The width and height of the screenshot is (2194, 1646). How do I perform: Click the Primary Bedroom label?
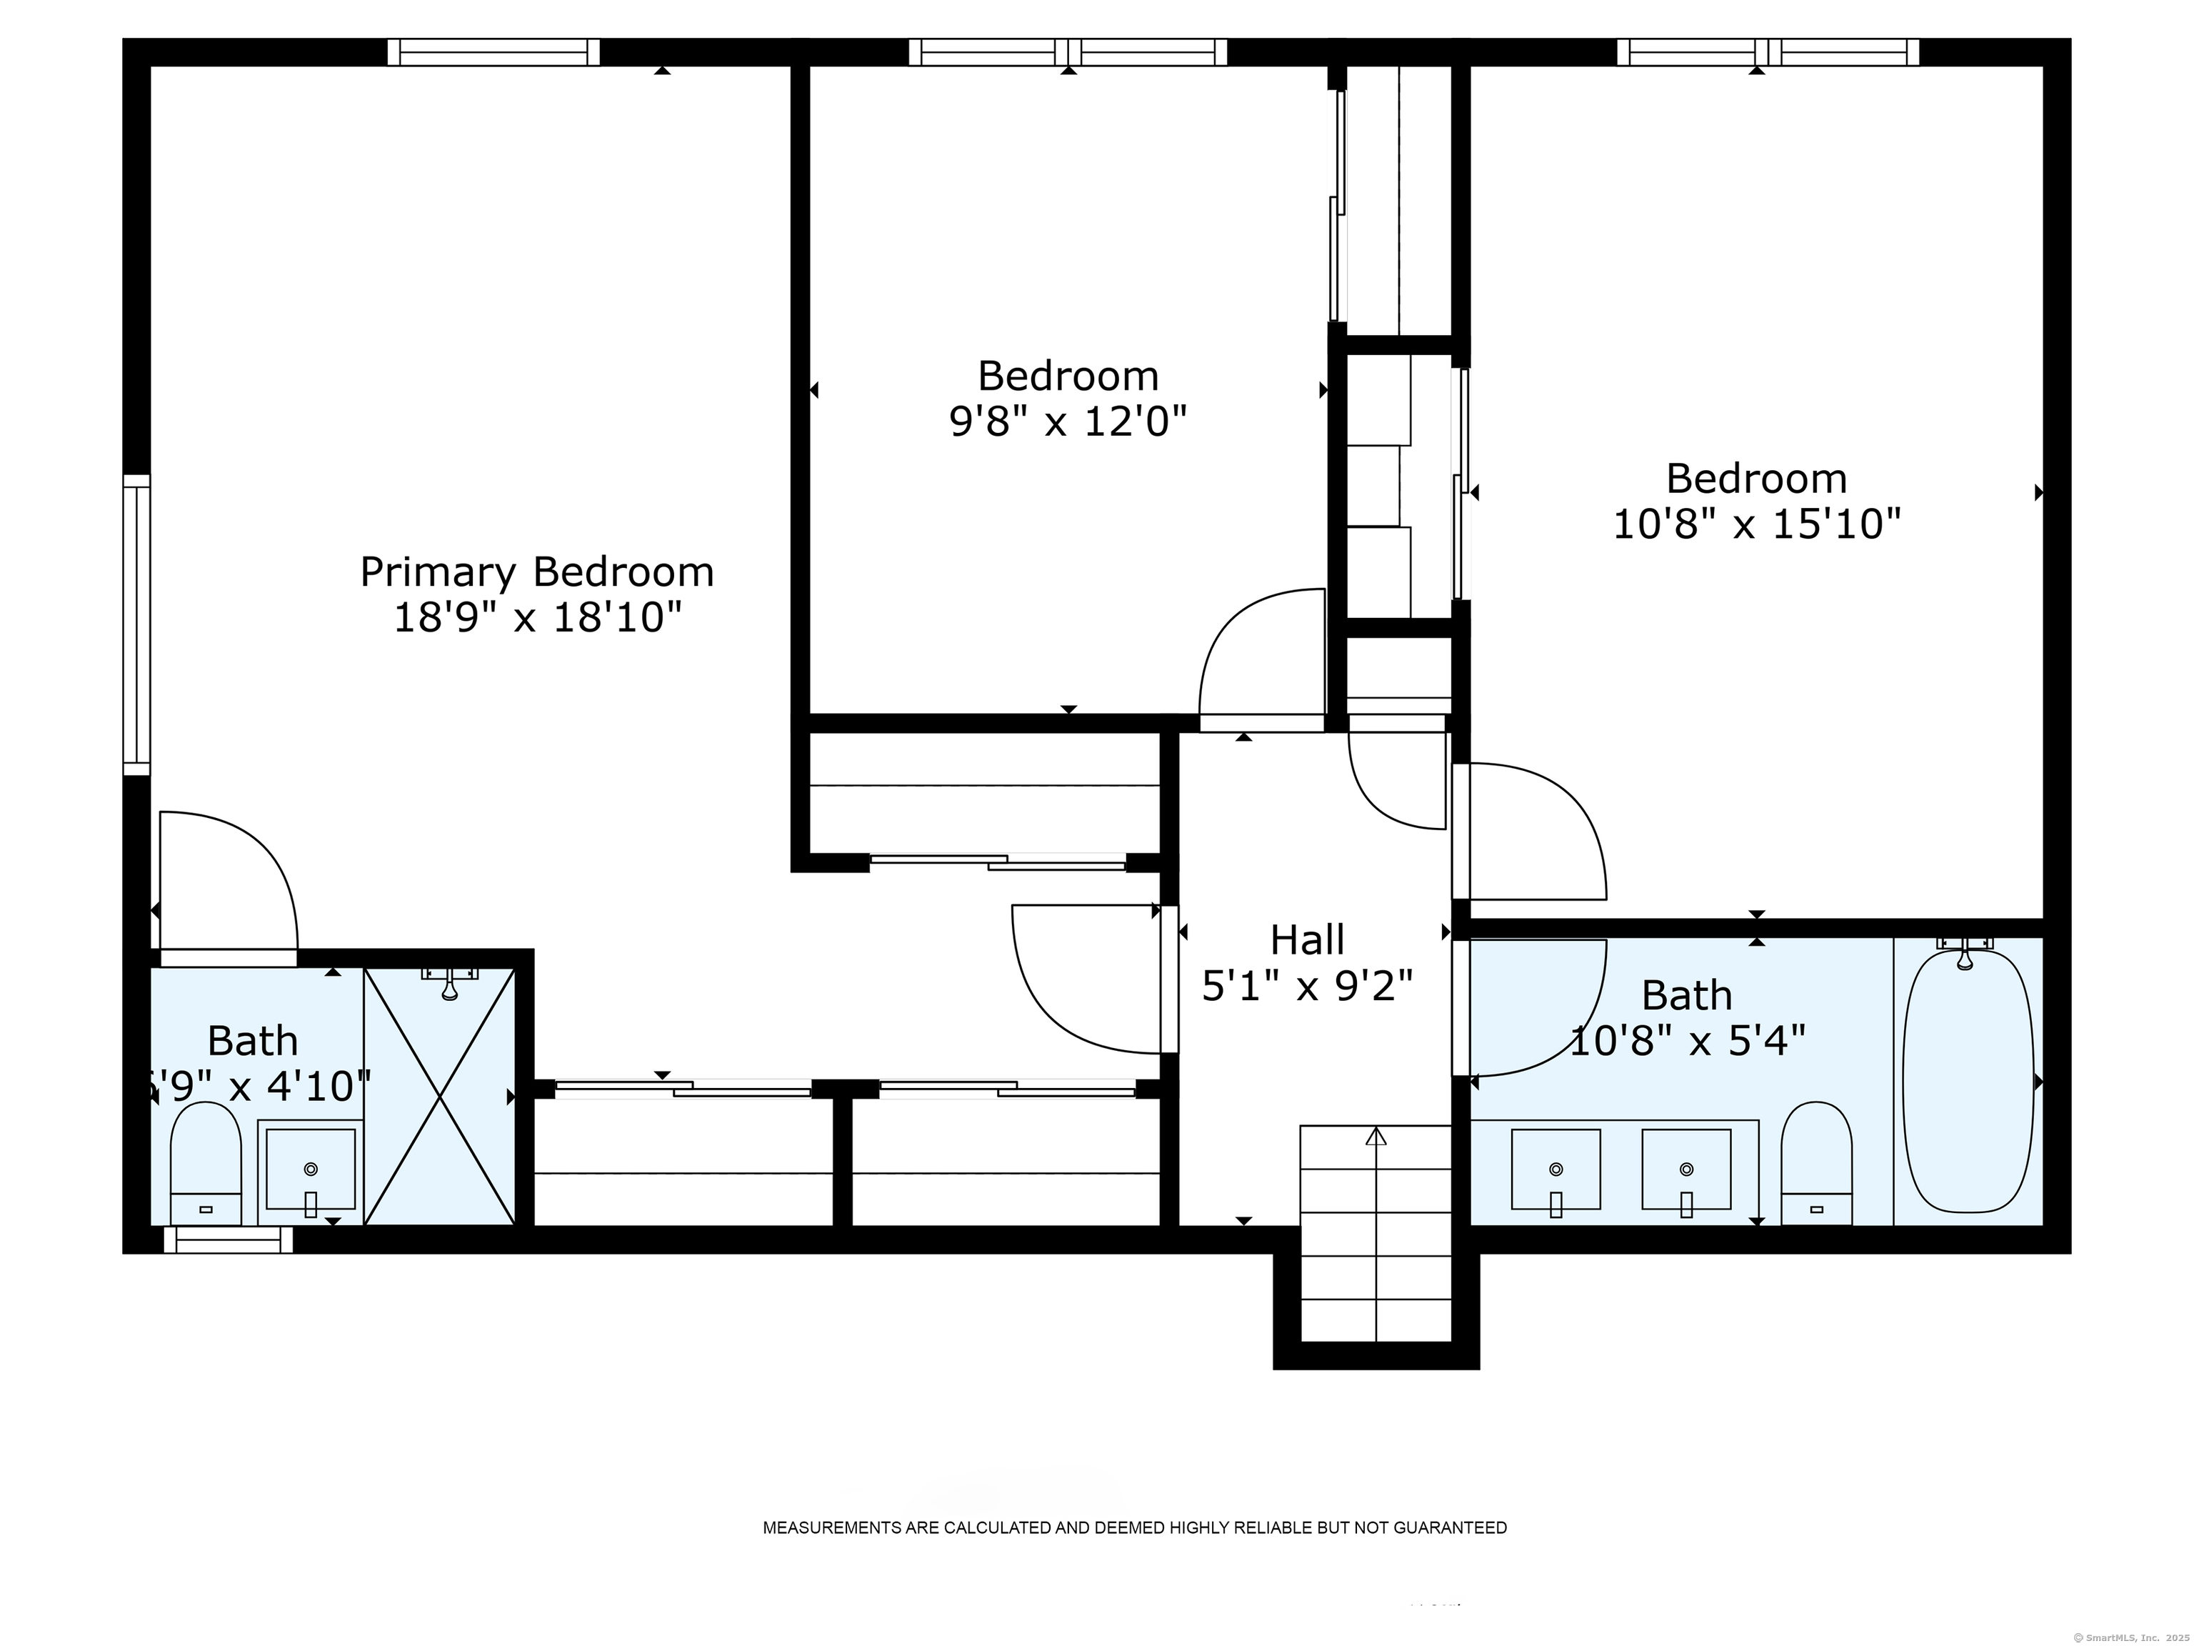click(536, 572)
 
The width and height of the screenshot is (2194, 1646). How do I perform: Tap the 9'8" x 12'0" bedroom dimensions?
click(1068, 423)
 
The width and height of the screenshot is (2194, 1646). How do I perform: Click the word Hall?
click(1307, 939)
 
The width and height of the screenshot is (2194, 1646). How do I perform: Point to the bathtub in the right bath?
click(1968, 1082)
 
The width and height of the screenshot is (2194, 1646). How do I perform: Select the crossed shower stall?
click(439, 1097)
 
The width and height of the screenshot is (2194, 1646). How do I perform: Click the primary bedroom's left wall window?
click(137, 624)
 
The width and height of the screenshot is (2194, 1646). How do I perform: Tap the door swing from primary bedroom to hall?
click(1086, 977)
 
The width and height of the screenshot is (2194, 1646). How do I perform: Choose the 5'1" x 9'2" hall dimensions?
click(1307, 986)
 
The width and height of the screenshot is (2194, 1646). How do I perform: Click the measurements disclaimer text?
click(1133, 1528)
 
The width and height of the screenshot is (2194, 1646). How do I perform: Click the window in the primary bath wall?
click(228, 1240)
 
